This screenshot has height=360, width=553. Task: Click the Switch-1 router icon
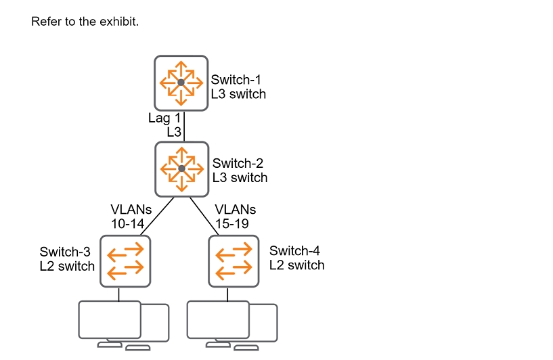(180, 83)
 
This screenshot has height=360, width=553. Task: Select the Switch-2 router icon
(181, 167)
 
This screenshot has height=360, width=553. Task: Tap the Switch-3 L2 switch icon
(125, 260)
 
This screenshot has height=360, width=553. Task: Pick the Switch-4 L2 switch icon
(234, 260)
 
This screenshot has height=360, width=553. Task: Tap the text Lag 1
(164, 118)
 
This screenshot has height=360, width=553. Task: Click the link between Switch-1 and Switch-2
(184, 126)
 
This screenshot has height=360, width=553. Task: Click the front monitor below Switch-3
(110, 319)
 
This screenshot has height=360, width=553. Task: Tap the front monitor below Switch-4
(218, 319)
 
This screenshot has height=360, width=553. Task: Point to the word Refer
(45, 22)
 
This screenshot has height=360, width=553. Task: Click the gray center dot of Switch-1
(181, 83)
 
